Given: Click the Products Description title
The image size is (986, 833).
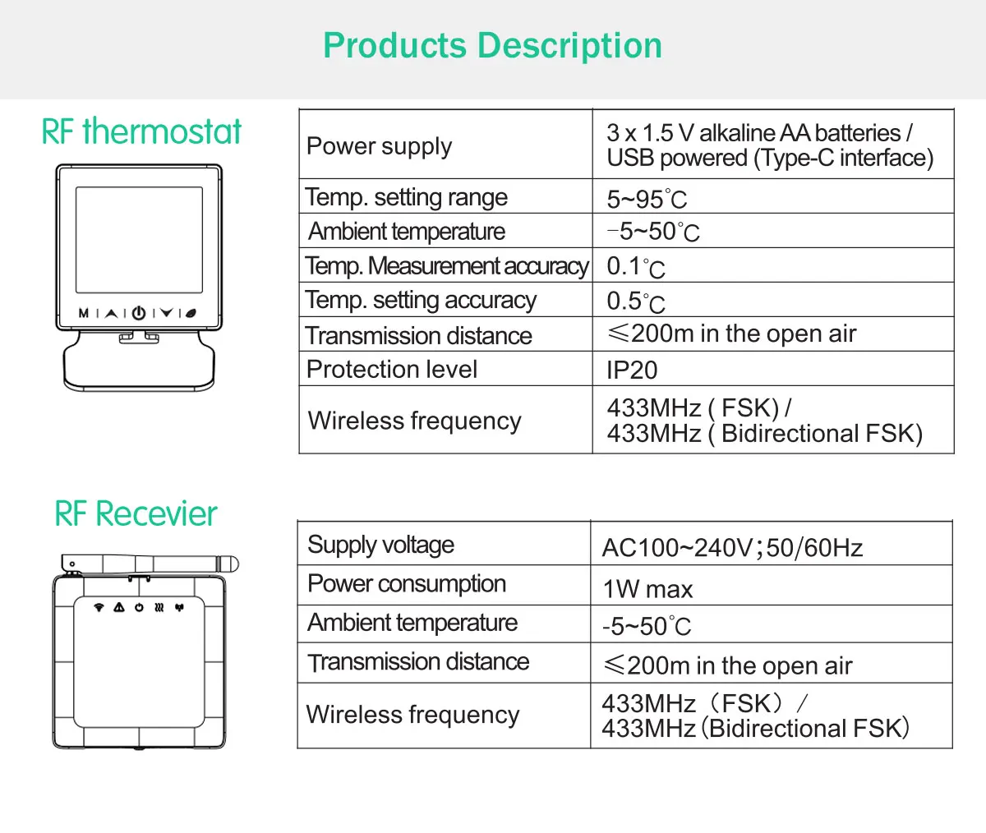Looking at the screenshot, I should [x=492, y=46].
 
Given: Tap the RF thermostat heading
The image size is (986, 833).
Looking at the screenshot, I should [x=141, y=131].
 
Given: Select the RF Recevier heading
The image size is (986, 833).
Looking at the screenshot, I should [x=136, y=514].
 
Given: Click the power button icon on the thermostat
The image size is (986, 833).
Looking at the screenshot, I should [x=138, y=313].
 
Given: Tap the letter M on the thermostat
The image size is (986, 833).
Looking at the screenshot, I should [x=84, y=313].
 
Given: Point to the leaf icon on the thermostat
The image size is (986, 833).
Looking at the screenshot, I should [x=191, y=313].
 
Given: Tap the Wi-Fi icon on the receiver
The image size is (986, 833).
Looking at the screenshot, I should [x=99, y=608].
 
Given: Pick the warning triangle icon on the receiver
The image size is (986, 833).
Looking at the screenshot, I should [x=119, y=608].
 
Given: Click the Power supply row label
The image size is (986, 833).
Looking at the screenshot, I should [x=379, y=146].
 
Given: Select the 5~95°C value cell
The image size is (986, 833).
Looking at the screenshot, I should [x=647, y=199].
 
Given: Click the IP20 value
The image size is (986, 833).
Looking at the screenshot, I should [x=632, y=370].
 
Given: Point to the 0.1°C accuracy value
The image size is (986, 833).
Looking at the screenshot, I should [x=635, y=266].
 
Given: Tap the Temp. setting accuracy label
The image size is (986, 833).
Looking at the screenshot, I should [x=420, y=301].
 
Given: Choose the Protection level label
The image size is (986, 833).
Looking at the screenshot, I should [x=391, y=370].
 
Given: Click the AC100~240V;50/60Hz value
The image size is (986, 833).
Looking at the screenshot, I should [x=732, y=547].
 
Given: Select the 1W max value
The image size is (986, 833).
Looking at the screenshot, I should [x=647, y=589].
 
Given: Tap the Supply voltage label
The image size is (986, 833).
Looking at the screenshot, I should [x=380, y=545].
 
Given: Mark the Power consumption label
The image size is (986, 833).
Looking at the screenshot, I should [x=407, y=584].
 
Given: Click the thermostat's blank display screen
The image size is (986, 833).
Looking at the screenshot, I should [x=139, y=240].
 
